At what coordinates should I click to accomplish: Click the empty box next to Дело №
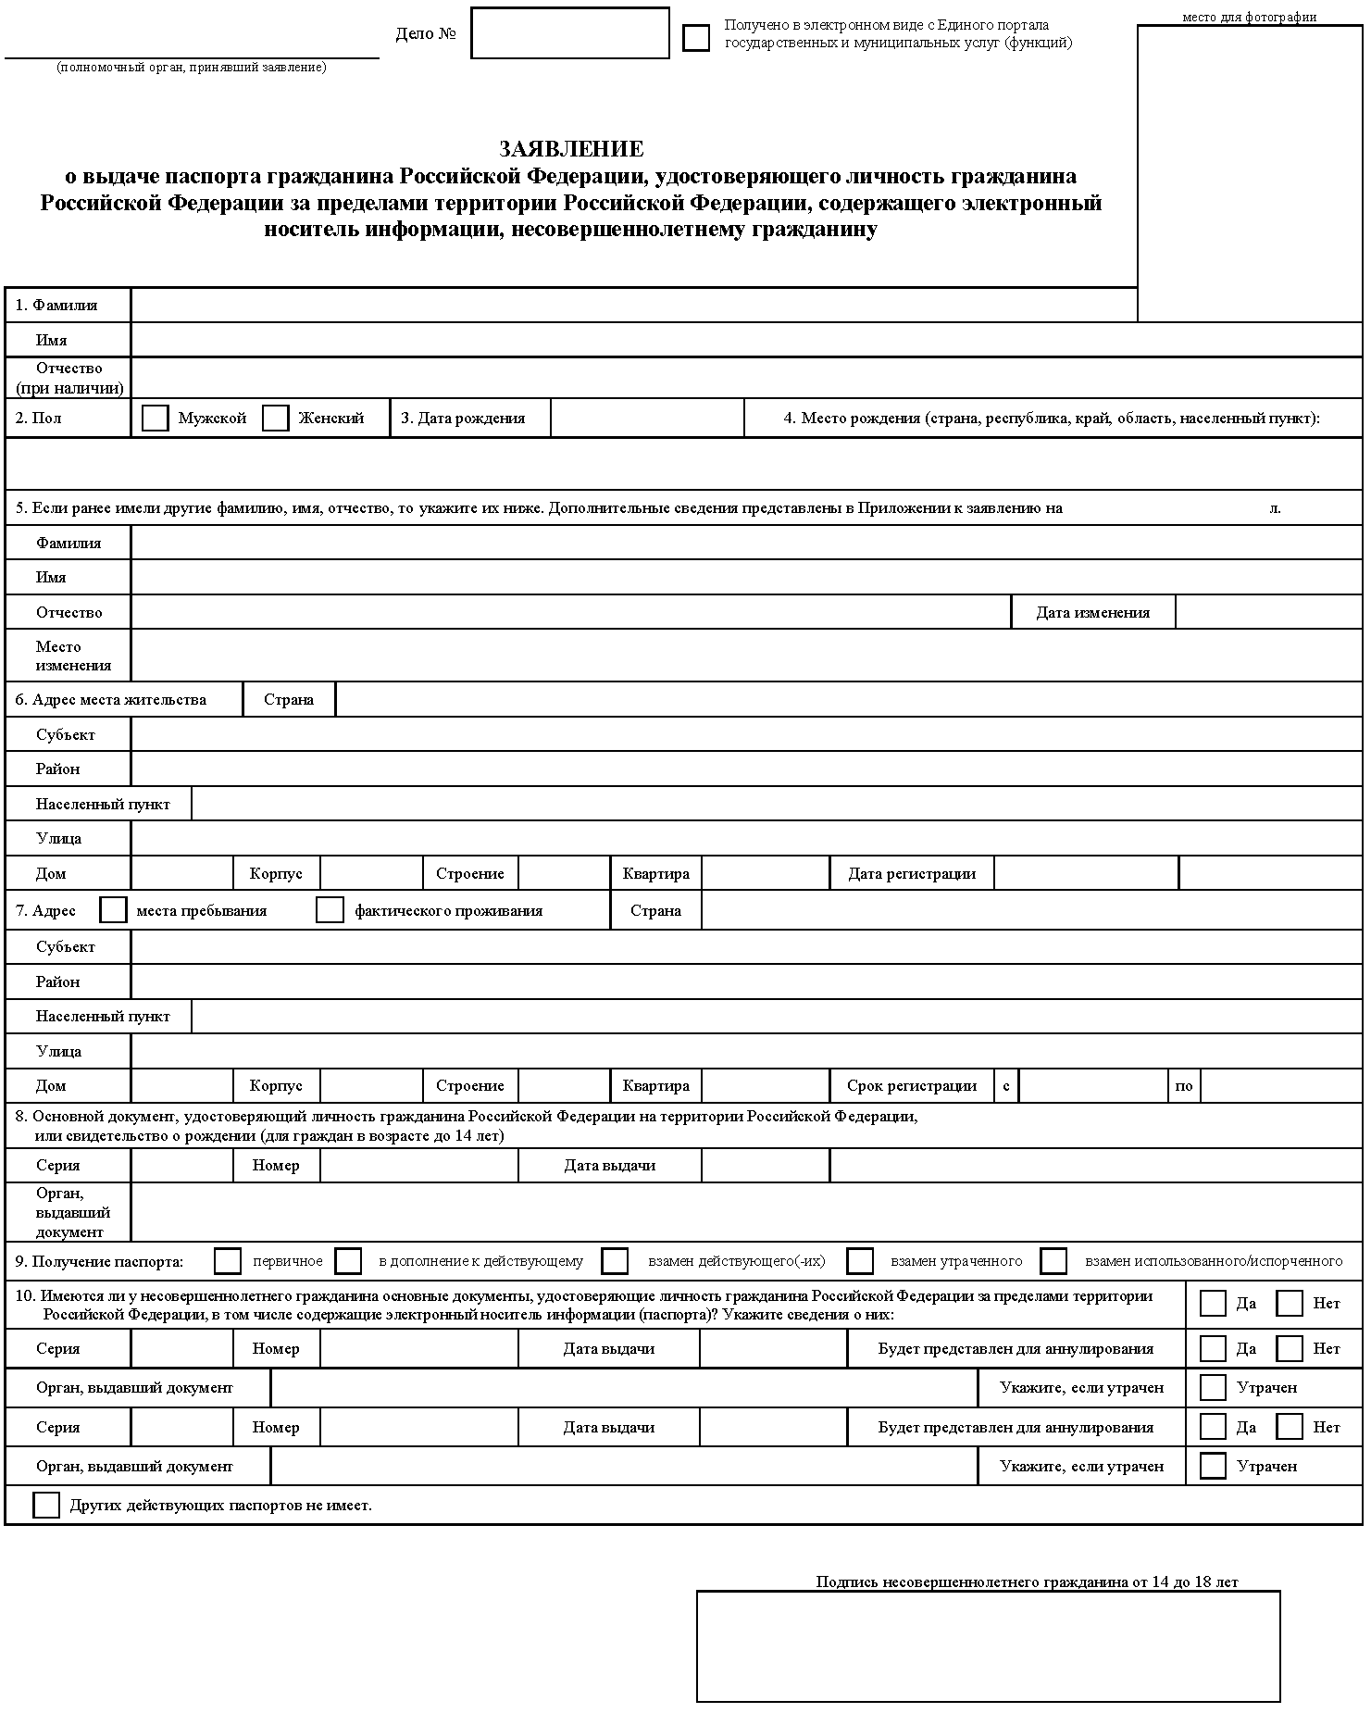(569, 33)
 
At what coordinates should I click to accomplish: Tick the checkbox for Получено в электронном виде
(696, 38)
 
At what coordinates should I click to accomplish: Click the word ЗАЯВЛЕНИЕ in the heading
(571, 149)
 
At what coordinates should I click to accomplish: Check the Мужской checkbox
(156, 419)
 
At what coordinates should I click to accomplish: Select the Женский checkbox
(276, 419)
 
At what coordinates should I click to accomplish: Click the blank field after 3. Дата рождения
(647, 419)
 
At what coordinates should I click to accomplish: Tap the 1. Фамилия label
(56, 306)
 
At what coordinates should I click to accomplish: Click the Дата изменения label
(1092, 613)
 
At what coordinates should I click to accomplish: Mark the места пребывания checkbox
(113, 910)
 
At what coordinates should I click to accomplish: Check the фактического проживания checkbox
(330, 910)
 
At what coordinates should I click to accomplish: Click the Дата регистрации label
(911, 874)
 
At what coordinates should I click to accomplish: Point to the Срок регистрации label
(911, 1086)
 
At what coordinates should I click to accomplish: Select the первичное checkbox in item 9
(228, 1261)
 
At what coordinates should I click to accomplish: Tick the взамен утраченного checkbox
(860, 1261)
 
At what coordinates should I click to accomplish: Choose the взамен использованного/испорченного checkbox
(1053, 1261)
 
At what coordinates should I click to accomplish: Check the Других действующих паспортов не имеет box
(46, 1506)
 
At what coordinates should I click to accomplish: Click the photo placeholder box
(1250, 173)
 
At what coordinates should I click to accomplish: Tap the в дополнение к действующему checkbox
(349, 1261)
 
